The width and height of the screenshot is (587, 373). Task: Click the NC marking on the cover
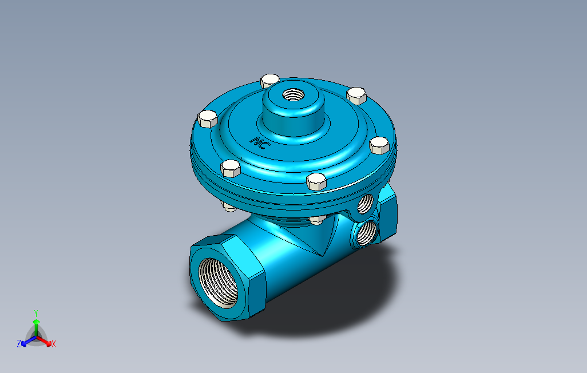pyautogui.click(x=258, y=142)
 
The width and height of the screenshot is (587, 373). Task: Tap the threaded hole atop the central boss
pyautogui.click(x=293, y=95)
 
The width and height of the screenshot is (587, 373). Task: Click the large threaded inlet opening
pyautogui.click(x=218, y=283)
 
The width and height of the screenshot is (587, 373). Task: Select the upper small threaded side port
pyautogui.click(x=365, y=204)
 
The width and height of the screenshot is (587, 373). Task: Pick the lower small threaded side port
pyautogui.click(x=366, y=233)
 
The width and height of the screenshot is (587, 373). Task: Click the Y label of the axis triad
pyautogui.click(x=36, y=313)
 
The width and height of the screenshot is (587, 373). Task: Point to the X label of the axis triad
pyautogui.click(x=54, y=344)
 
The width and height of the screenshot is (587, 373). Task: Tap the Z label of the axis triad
pyautogui.click(x=19, y=343)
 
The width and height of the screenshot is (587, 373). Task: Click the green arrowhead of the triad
pyautogui.click(x=36, y=322)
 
